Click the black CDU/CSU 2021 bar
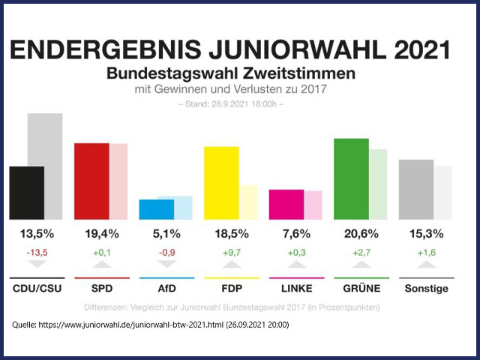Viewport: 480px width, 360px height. (26, 193)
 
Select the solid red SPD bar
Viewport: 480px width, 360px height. (91, 181)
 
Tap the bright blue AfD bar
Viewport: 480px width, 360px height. (157, 209)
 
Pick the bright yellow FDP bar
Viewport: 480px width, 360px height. (221, 183)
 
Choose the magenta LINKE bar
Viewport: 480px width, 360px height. (286, 204)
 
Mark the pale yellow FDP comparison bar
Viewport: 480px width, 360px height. (247, 202)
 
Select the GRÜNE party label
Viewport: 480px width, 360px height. (360, 288)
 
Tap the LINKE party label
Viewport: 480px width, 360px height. (295, 288)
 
